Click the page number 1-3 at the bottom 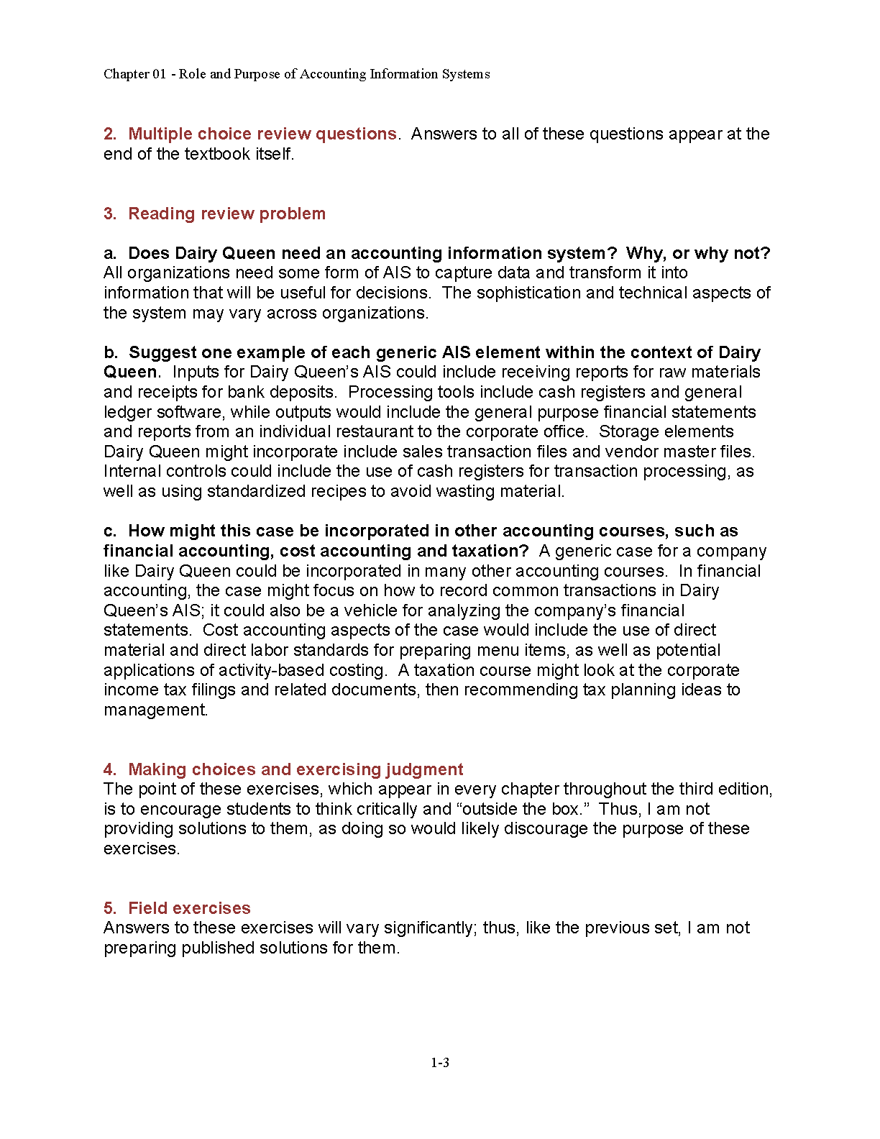[440, 1063]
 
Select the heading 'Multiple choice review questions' [262, 134]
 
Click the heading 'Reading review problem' [226, 214]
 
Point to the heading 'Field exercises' [189, 908]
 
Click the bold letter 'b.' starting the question [111, 352]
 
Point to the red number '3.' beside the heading [110, 214]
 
